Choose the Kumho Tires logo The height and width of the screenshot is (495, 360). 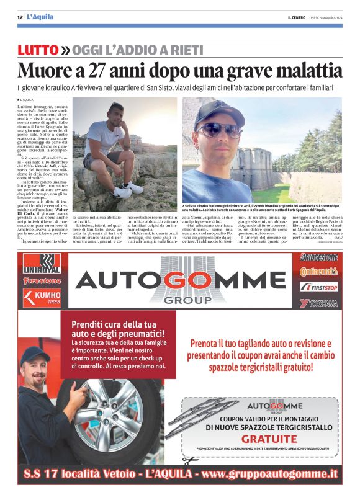[42, 297]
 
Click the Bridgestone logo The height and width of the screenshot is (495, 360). [319, 257]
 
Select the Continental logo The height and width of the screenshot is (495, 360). [319, 272]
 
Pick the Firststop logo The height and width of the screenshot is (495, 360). [319, 287]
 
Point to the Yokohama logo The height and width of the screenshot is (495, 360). [319, 303]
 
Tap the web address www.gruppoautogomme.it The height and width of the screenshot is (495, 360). [269, 475]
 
